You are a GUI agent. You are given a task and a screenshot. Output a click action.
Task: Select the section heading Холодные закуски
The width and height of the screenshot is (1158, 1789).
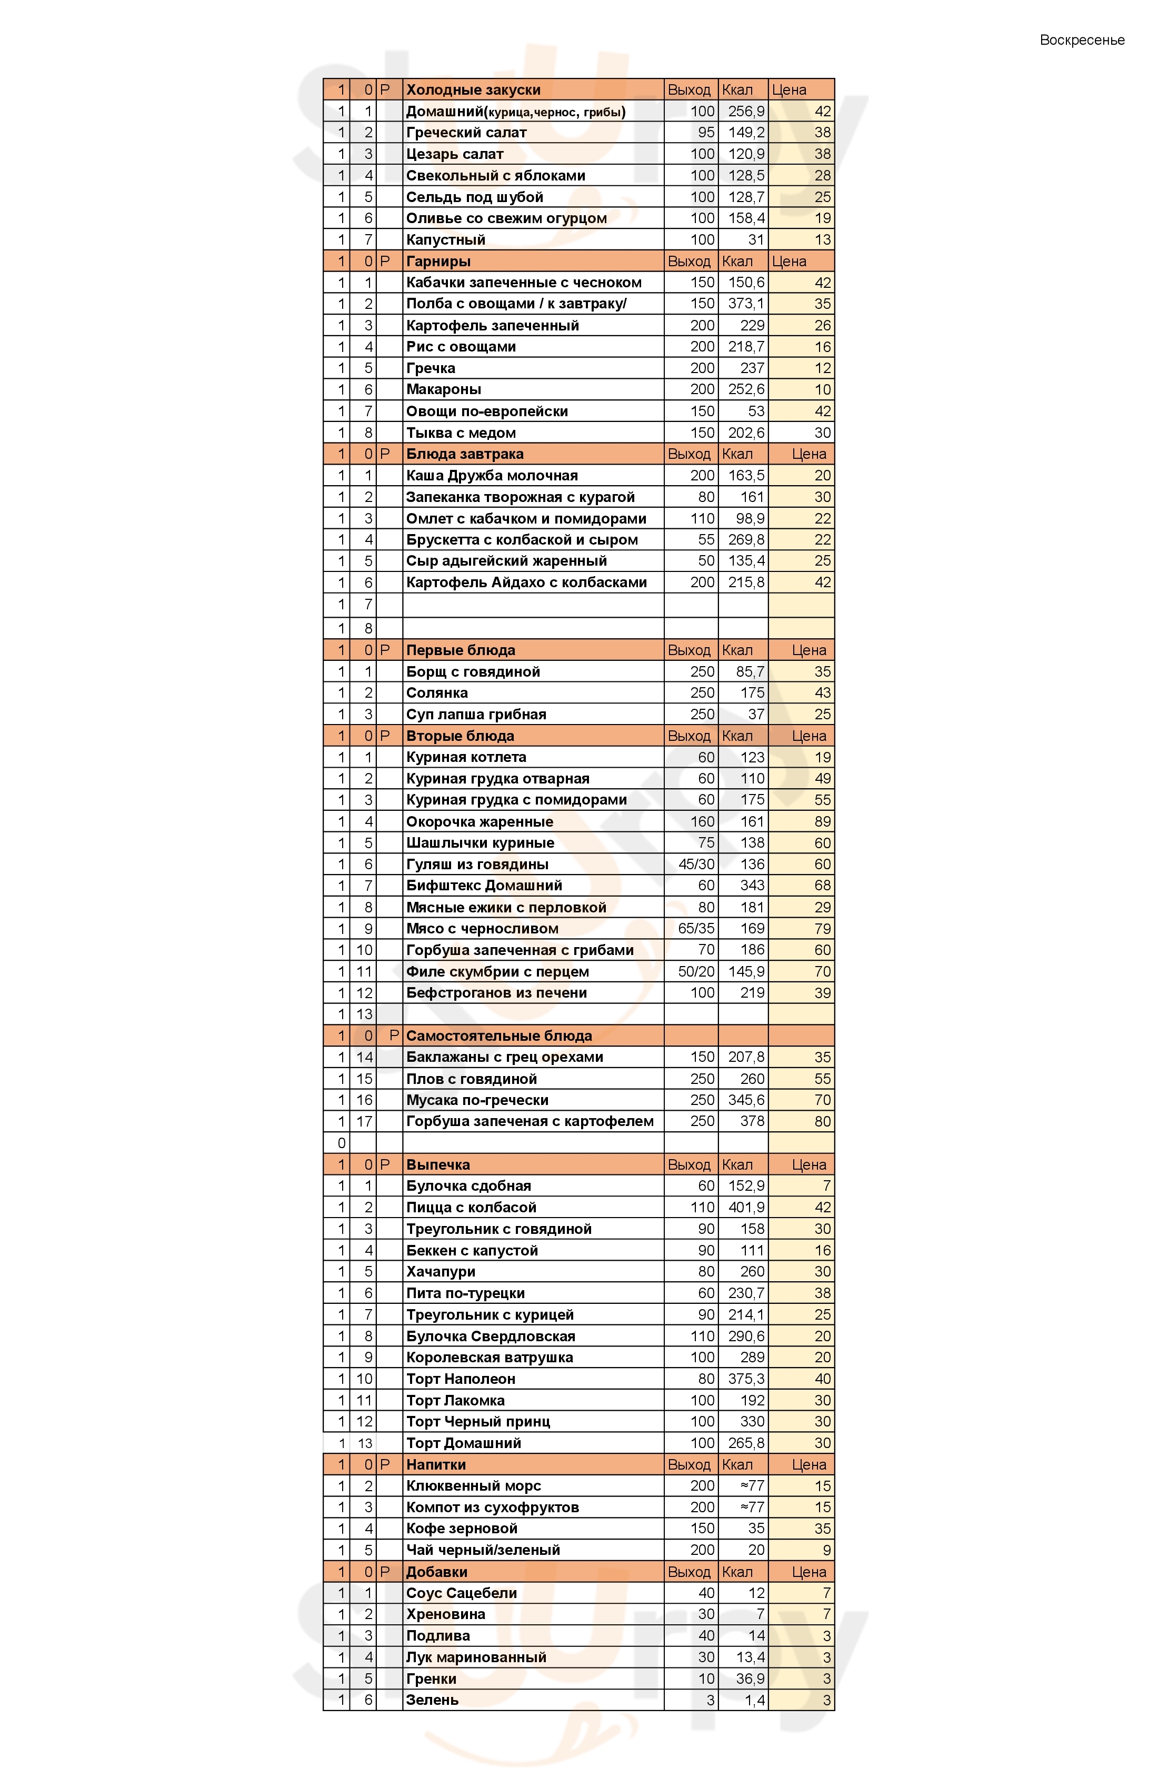click(x=473, y=89)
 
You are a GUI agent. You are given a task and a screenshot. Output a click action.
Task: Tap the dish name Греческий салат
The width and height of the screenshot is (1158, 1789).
click(x=466, y=132)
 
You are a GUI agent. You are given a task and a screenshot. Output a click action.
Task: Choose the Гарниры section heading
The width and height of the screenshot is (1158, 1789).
click(x=438, y=261)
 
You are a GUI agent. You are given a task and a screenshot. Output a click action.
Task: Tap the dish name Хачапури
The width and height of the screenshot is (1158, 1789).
click(x=441, y=1271)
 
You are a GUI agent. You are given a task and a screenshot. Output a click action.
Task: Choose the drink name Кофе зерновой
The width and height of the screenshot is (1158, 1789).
click(x=462, y=1528)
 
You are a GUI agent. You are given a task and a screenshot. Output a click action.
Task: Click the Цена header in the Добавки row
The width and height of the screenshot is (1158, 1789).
click(x=808, y=1572)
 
